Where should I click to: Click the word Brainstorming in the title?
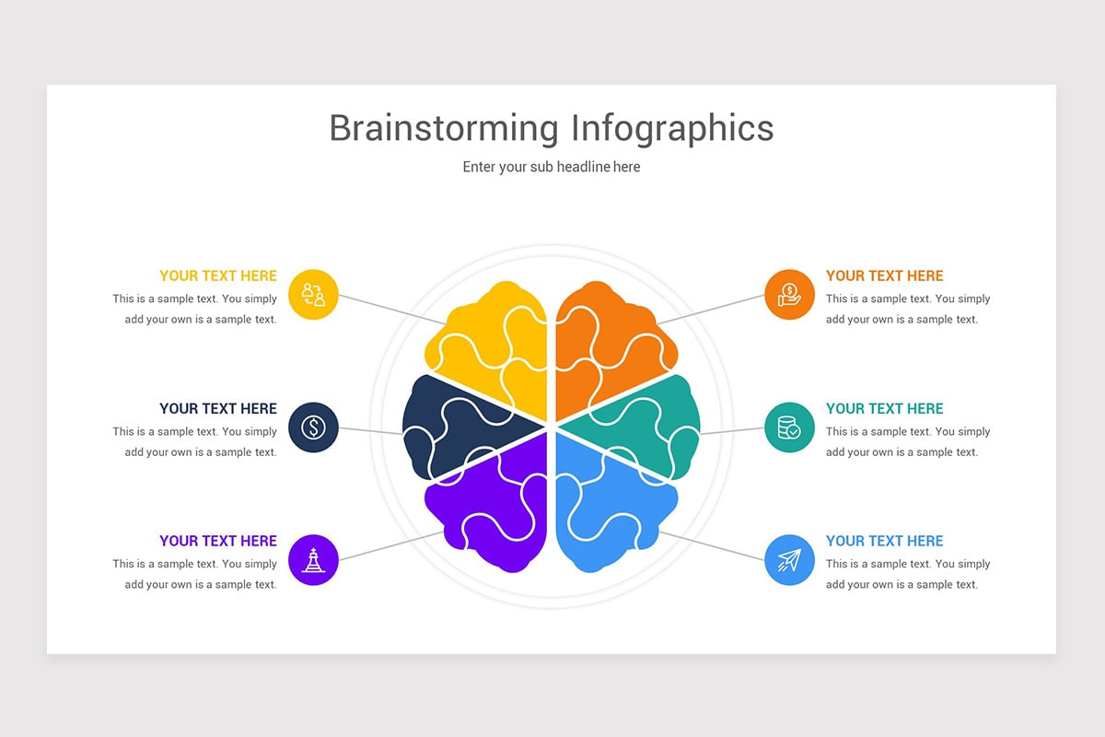click(x=444, y=128)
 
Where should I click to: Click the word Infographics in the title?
click(x=672, y=128)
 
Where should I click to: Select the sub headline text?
click(x=552, y=167)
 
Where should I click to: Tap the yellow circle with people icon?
click(x=313, y=295)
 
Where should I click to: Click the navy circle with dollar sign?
click(x=313, y=427)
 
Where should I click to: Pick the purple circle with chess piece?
click(x=313, y=560)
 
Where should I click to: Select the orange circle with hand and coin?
click(x=789, y=295)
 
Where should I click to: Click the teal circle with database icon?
click(x=789, y=427)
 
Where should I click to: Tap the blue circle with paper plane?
click(x=789, y=560)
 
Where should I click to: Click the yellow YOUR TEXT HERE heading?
click(x=218, y=276)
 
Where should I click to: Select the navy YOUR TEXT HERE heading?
click(x=218, y=409)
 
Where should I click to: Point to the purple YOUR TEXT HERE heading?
click(x=218, y=541)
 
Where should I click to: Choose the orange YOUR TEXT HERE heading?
click(x=885, y=276)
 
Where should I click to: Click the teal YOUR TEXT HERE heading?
click(x=885, y=409)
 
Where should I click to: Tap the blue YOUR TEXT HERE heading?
click(x=885, y=541)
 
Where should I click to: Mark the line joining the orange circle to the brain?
click(x=711, y=310)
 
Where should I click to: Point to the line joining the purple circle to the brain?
click(x=390, y=546)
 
